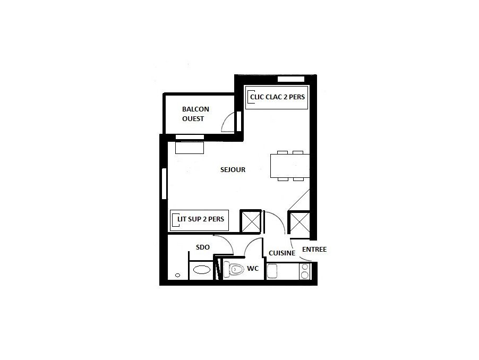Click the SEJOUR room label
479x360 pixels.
point(233,169)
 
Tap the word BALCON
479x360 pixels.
point(195,109)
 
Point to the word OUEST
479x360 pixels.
point(193,118)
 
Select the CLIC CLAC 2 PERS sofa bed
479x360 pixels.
point(277,97)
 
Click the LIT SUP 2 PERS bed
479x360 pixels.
point(199,220)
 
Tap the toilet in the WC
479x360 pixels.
point(234,269)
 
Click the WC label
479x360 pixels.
point(253,268)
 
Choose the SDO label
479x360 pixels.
point(203,247)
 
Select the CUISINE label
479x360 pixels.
point(282,253)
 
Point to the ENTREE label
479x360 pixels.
point(314,250)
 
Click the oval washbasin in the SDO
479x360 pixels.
point(202,270)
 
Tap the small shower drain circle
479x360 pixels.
point(177,275)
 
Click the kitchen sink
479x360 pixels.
point(272,271)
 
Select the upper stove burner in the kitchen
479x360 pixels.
point(305,267)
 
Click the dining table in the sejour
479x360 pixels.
point(290,166)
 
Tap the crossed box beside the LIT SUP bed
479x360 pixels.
point(251,221)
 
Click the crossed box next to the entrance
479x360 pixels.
point(300,222)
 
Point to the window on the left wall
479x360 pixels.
point(164,184)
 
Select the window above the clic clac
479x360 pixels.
point(291,80)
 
